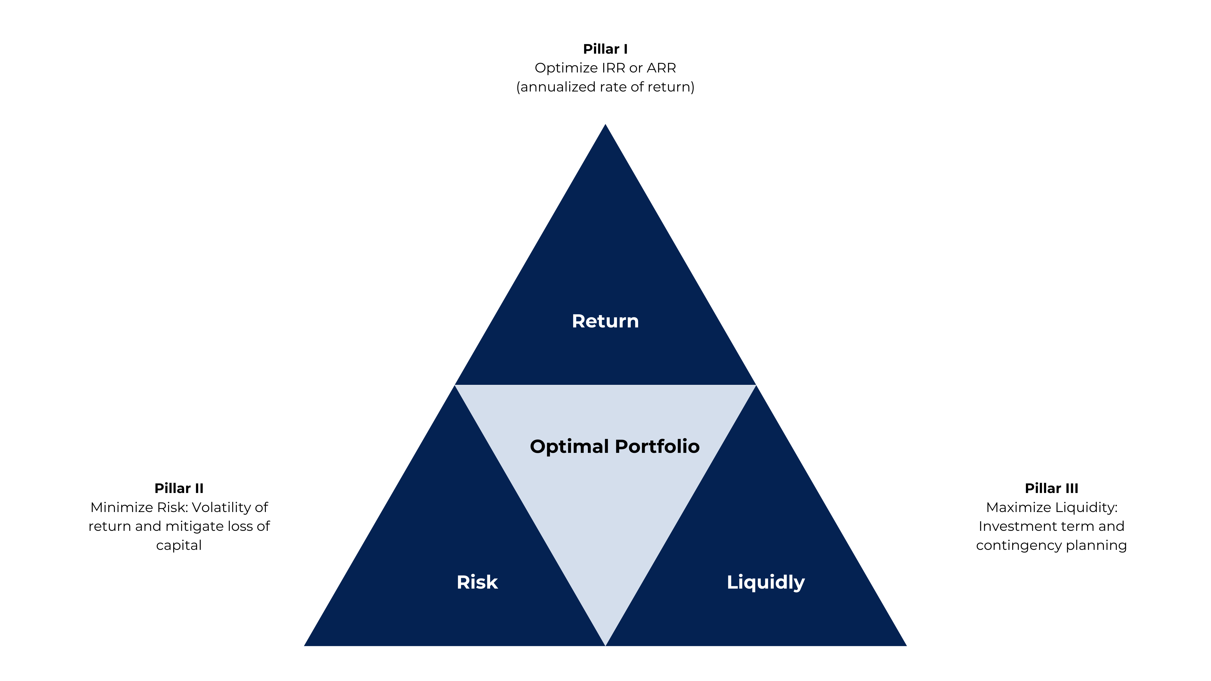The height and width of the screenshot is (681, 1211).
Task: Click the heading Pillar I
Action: [x=605, y=49]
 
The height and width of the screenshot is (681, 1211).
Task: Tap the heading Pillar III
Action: [x=1051, y=488]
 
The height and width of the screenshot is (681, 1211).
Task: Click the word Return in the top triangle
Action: [x=605, y=321]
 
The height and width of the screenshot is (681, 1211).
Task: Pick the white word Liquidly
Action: [x=765, y=582]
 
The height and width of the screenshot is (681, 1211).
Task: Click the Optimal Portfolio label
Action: [x=614, y=446]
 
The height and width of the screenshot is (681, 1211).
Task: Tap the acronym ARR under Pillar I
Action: [x=661, y=68]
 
